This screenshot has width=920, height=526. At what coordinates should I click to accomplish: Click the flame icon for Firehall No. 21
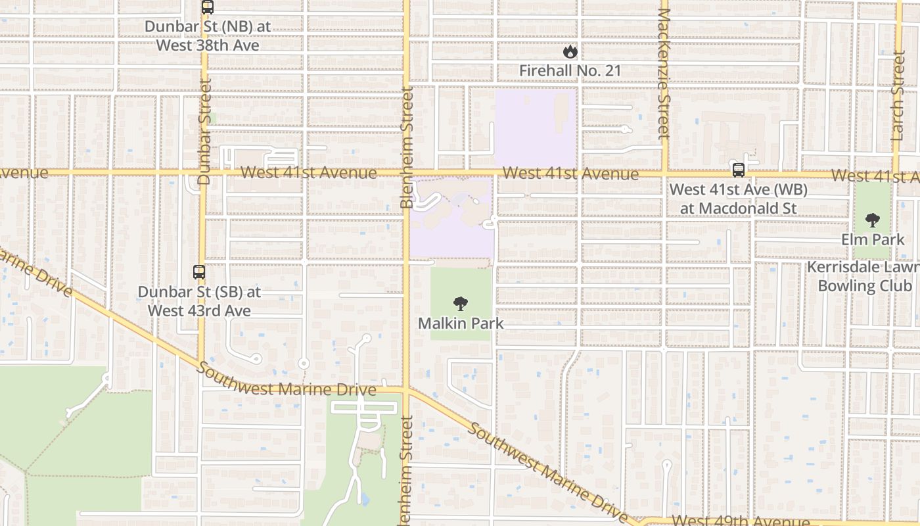coord(570,51)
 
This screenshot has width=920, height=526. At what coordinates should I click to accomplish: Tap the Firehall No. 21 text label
coord(570,70)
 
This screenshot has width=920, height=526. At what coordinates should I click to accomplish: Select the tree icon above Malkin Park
coord(461,304)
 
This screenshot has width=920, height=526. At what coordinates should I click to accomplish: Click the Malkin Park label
coord(461,323)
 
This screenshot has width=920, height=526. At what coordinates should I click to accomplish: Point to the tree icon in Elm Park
coord(873,220)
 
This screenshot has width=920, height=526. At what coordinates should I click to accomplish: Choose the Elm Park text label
coord(873,239)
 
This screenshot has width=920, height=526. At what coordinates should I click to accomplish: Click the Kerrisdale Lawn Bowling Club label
coord(864,277)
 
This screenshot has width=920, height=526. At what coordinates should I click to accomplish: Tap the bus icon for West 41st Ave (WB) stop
coord(739,170)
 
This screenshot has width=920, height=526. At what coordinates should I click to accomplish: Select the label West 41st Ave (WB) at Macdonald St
coord(739,199)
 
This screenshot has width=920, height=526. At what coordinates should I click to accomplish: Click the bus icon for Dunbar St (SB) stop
coord(198,272)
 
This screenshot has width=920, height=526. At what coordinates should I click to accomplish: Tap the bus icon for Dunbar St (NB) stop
coord(208,7)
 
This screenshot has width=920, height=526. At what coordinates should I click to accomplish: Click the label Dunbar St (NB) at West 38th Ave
coord(208,36)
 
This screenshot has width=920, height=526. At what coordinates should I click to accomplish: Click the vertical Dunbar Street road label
coord(204,131)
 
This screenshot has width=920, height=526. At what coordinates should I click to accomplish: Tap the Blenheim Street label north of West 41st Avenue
coord(407,148)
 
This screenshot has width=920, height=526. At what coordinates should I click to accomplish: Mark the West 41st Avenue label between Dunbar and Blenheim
coord(309,172)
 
